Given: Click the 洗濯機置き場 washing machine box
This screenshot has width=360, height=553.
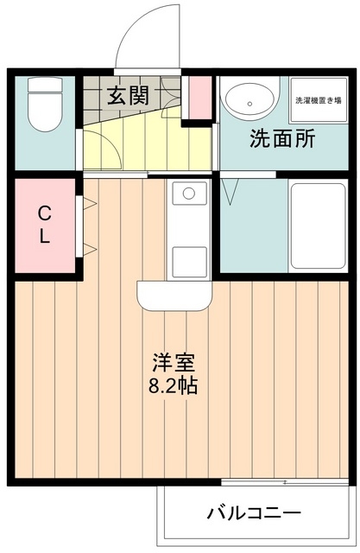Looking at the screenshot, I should [318, 100].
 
